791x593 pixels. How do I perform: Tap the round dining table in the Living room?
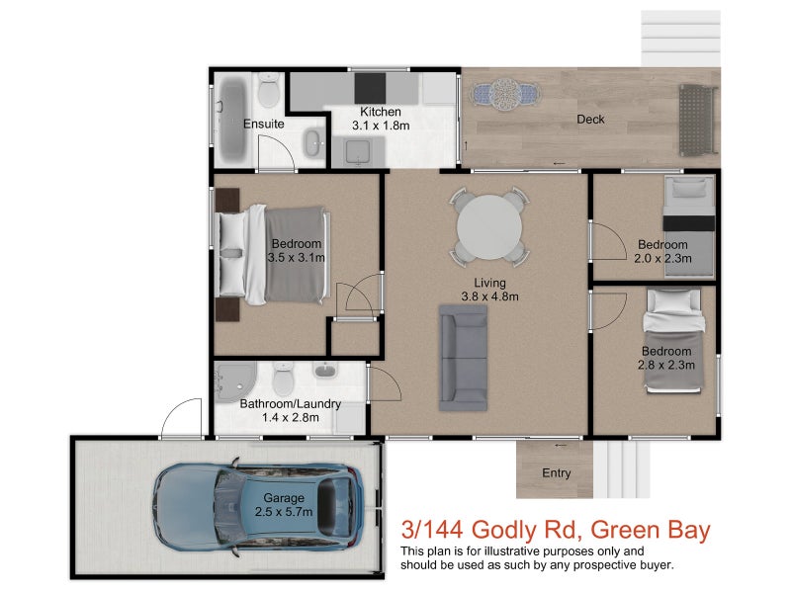pos(489,226)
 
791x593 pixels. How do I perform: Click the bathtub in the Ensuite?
pos(232,122)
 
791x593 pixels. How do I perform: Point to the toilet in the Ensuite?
pos(268,97)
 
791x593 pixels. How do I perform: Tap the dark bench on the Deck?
pos(697,119)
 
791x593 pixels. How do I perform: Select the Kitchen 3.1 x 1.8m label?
pos(380,119)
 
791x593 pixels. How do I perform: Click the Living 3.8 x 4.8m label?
pos(490,289)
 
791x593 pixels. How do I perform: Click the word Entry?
pos(557,473)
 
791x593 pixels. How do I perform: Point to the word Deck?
pos(591,120)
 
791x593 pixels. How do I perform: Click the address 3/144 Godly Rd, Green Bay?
pos(554,531)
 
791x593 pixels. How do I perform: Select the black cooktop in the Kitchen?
pos(373,83)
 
